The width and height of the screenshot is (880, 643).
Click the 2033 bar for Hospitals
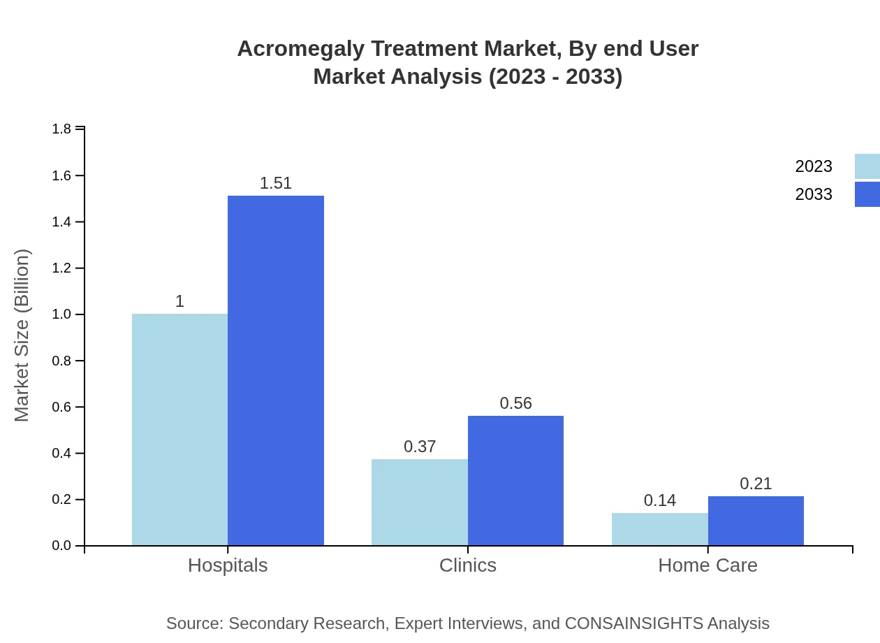pyautogui.click(x=276, y=370)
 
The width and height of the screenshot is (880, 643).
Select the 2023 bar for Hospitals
pyautogui.click(x=179, y=430)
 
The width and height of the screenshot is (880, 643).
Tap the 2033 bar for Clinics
pyautogui.click(x=515, y=481)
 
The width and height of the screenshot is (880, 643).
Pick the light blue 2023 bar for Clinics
pyautogui.click(x=419, y=502)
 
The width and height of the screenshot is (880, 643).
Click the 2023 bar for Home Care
pyautogui.click(x=659, y=529)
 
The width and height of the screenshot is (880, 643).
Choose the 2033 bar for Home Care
pyautogui.click(x=756, y=521)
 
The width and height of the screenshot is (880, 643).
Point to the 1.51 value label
pyautogui.click(x=276, y=183)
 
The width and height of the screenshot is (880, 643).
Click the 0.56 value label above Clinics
pyautogui.click(x=515, y=403)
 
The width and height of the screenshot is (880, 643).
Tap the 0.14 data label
pyautogui.click(x=659, y=500)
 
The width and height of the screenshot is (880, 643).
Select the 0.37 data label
pyautogui.click(x=420, y=447)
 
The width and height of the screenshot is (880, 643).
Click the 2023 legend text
pyautogui.click(x=814, y=166)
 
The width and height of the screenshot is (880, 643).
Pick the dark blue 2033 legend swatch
pyautogui.click(x=867, y=194)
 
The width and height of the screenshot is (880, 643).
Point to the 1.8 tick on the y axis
pyautogui.click(x=61, y=129)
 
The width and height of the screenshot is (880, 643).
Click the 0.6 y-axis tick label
pyautogui.click(x=61, y=407)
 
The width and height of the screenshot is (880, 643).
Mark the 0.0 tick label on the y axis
pyautogui.click(x=61, y=546)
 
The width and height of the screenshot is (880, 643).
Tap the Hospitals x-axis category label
pyautogui.click(x=228, y=565)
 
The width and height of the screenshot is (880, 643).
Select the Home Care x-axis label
pyautogui.click(x=707, y=565)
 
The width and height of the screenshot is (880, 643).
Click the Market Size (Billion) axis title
pyautogui.click(x=22, y=335)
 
